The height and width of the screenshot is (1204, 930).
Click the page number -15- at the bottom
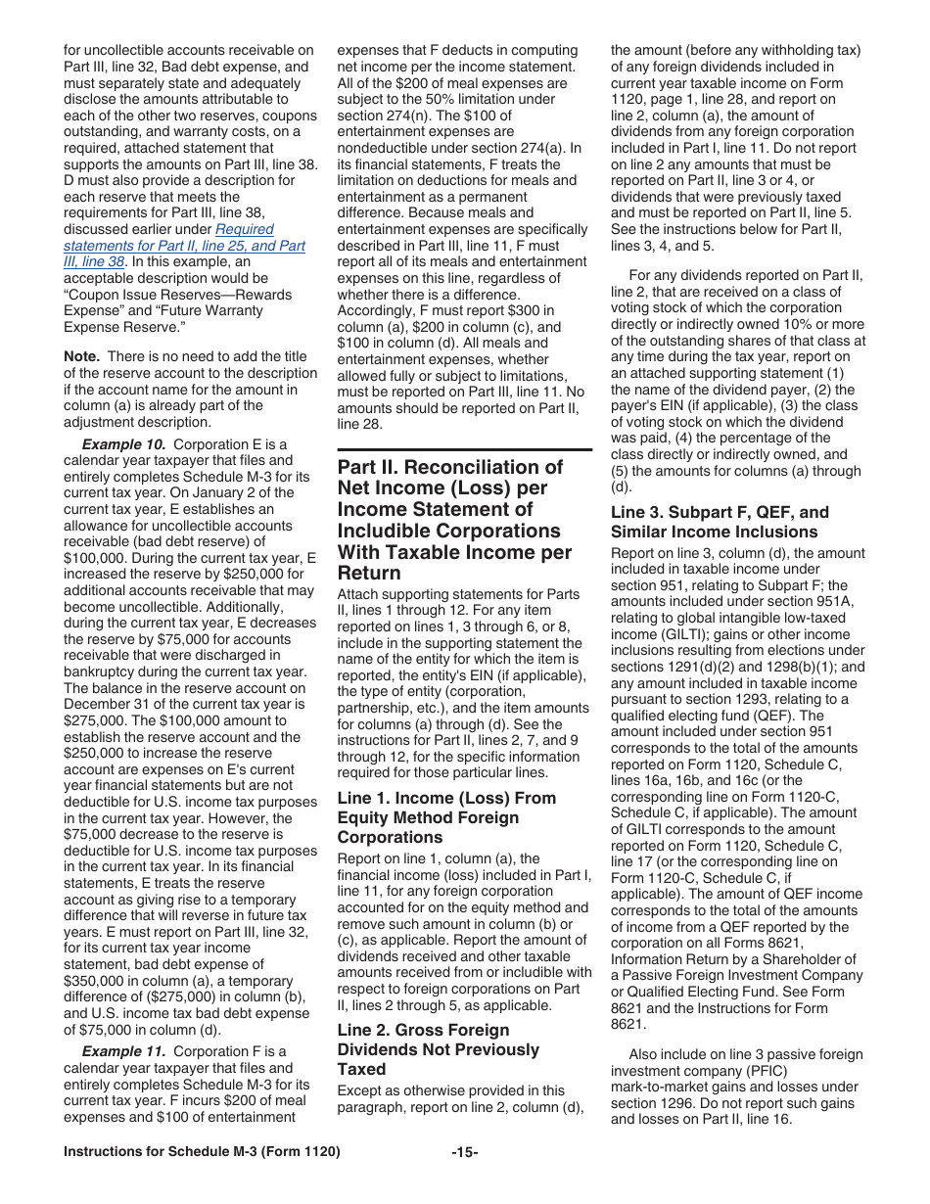(x=465, y=1152)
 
